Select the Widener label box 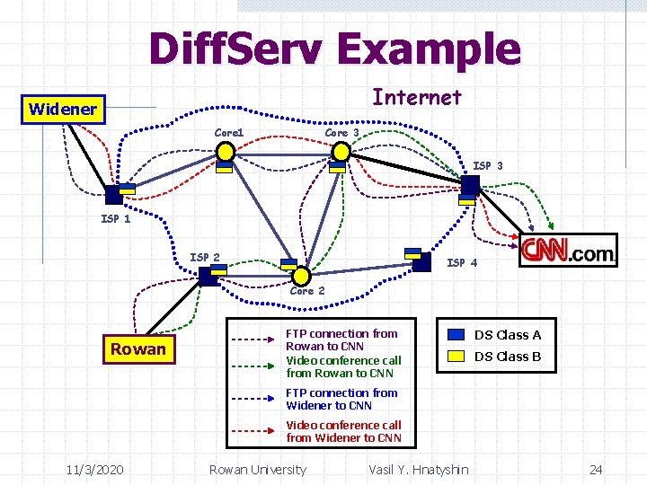point(62,110)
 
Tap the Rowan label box point(137,349)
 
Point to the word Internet point(416,97)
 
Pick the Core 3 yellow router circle point(341,153)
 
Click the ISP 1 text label point(115,219)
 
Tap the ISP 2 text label point(204,258)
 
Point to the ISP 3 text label point(488,166)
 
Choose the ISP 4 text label point(462,263)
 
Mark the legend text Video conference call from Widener point(343,431)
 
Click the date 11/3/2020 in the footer point(94,469)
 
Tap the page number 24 point(595,469)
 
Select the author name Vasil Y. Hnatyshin point(418,469)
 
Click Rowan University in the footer point(257,469)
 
